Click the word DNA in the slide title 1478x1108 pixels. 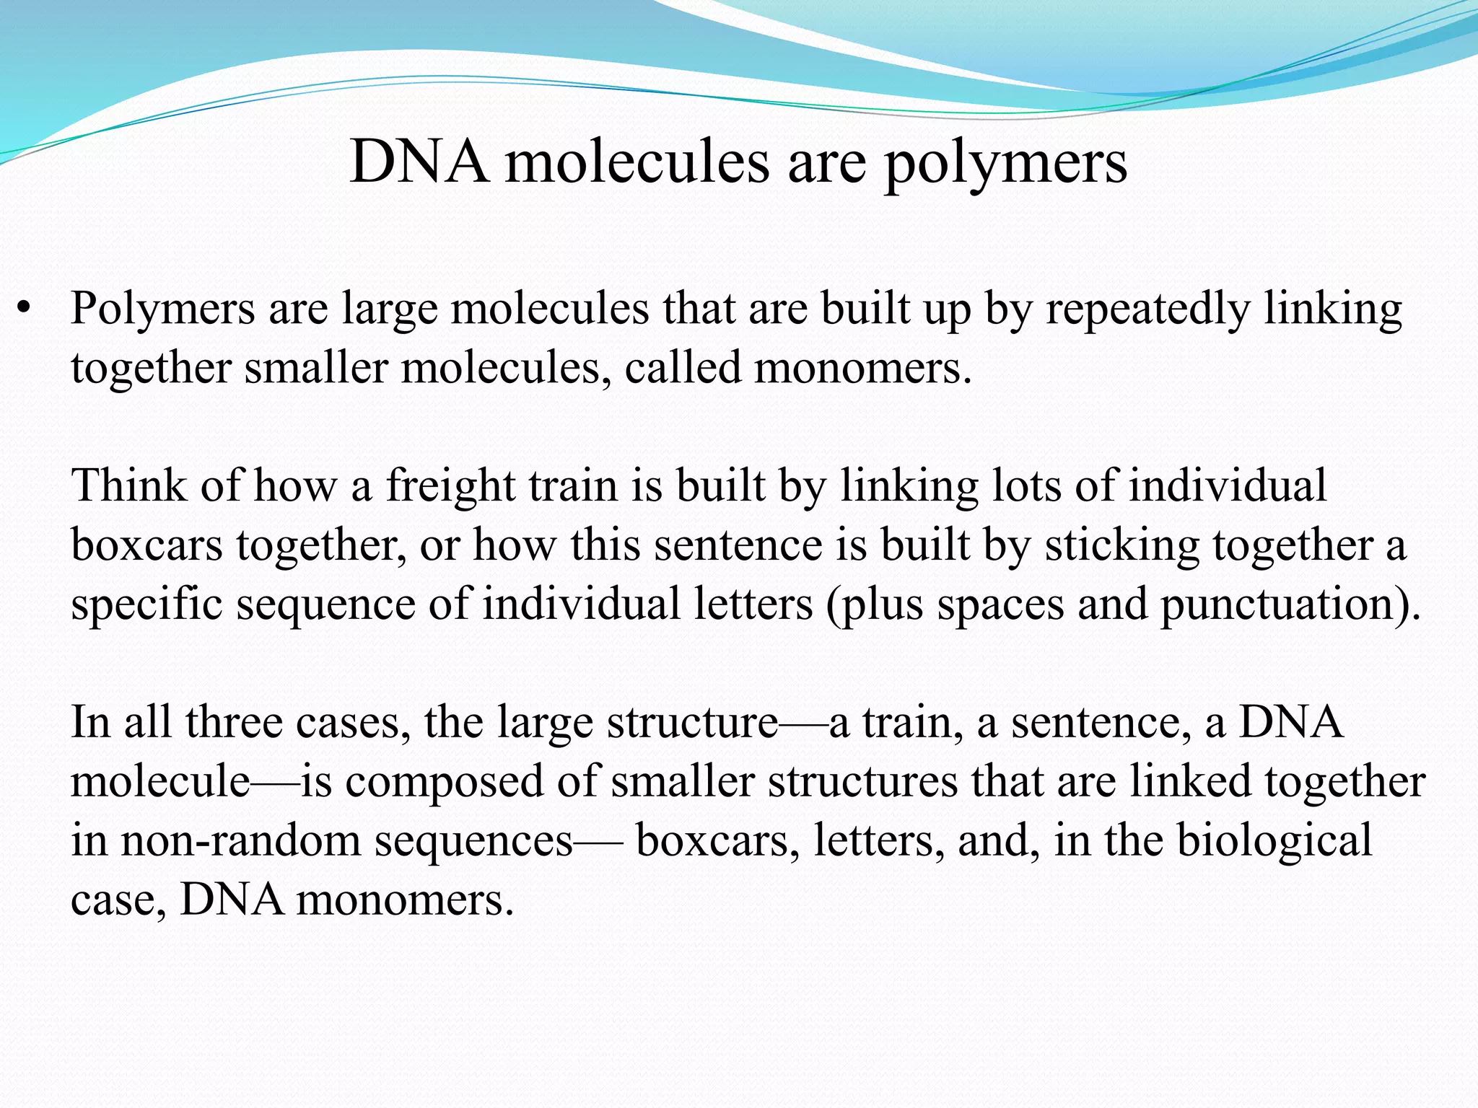point(419,162)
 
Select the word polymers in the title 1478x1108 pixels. point(1005,164)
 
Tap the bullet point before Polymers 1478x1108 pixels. point(25,309)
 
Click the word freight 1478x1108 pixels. point(450,486)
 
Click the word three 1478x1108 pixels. point(233,722)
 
